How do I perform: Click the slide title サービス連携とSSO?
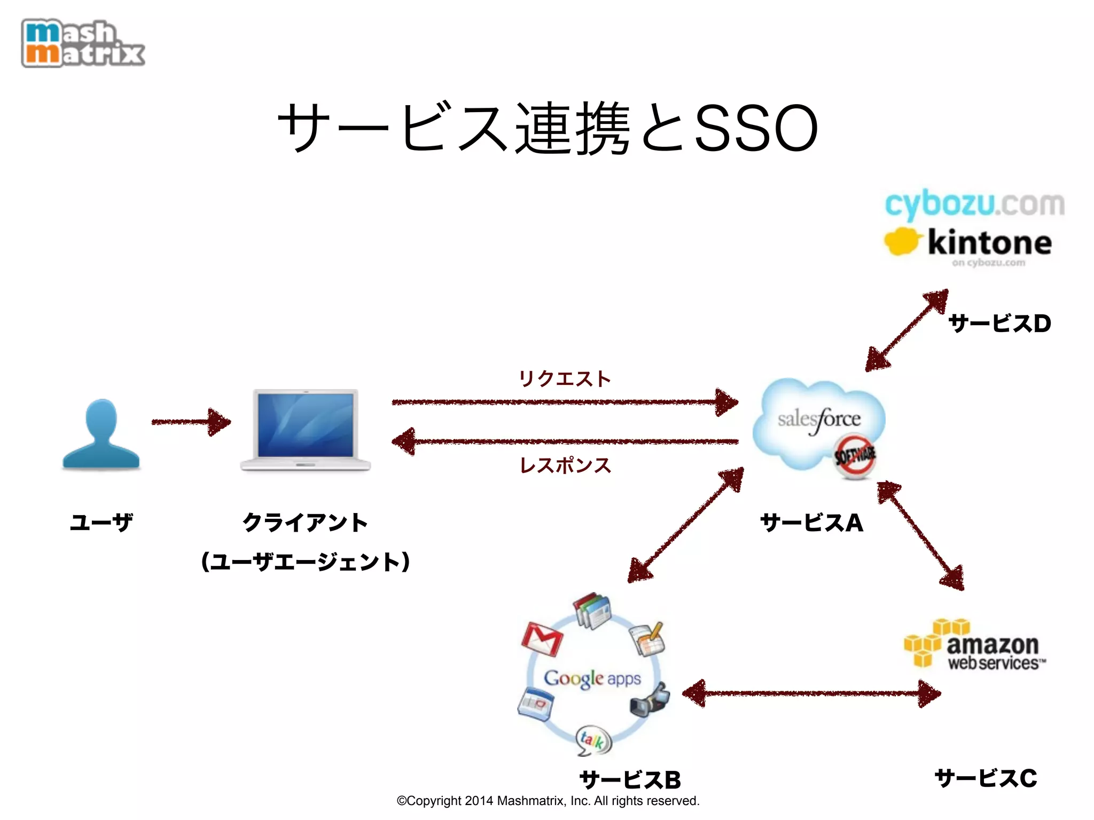click(547, 128)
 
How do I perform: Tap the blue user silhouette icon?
click(101, 435)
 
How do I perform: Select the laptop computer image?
click(306, 430)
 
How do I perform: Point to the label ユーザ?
click(101, 522)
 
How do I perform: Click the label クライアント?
click(305, 522)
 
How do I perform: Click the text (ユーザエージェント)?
click(305, 562)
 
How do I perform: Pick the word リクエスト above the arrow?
click(565, 379)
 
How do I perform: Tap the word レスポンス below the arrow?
click(565, 466)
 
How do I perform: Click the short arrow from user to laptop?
click(191, 422)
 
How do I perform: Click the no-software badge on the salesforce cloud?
click(855, 455)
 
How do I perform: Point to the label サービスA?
click(811, 523)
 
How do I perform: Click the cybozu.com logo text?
click(974, 205)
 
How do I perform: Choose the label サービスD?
click(999, 324)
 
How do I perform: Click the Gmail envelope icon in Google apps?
click(542, 639)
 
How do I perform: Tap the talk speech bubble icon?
click(593, 740)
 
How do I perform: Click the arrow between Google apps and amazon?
click(812, 693)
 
